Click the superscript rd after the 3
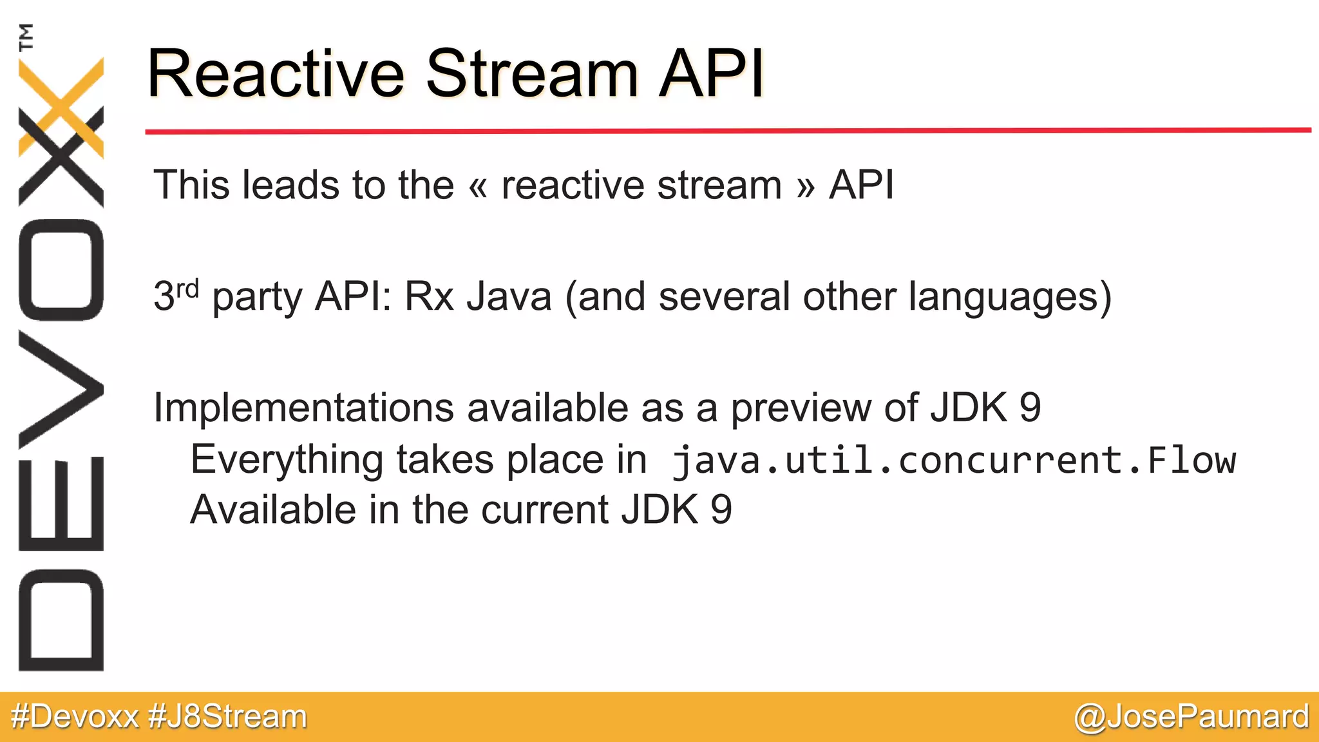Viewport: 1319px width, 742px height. (x=187, y=288)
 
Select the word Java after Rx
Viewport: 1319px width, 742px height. (x=509, y=298)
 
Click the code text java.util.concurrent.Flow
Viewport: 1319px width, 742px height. (x=953, y=461)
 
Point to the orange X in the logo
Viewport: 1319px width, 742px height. (x=61, y=106)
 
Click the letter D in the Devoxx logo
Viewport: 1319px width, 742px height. (x=61, y=620)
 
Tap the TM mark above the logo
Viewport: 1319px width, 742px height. (x=26, y=37)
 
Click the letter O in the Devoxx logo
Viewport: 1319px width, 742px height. (x=61, y=270)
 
